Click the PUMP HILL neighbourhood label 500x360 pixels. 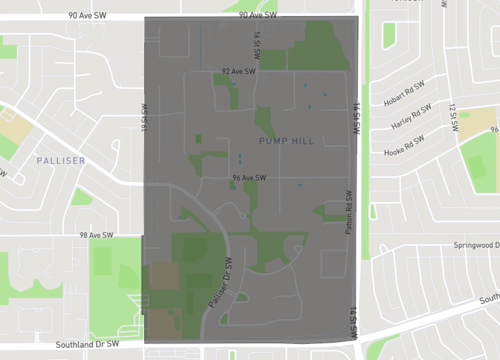286,141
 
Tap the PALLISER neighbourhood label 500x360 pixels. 60,160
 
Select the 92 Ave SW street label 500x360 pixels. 239,72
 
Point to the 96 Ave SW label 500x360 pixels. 247,178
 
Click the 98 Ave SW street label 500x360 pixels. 97,236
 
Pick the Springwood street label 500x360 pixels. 474,245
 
